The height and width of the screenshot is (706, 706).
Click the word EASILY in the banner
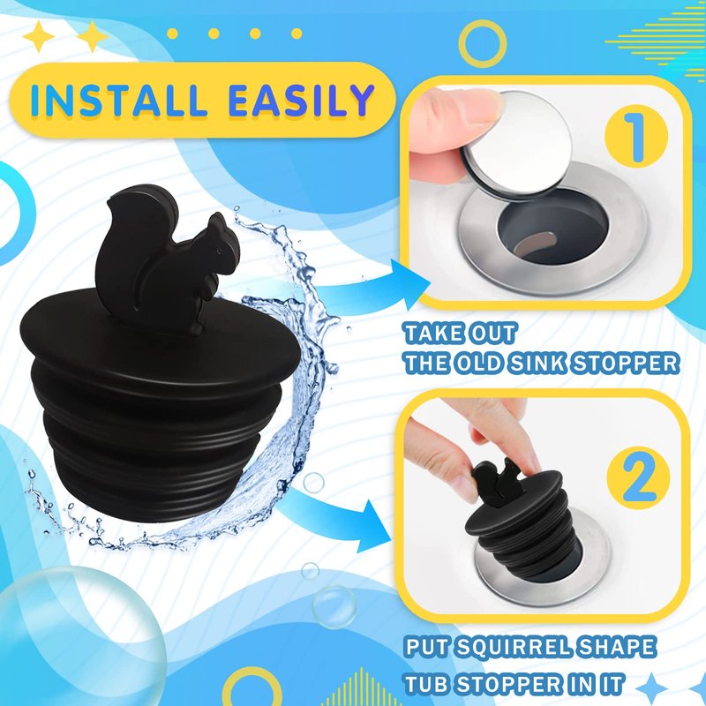tap(301, 100)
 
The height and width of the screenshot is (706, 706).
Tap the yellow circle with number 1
tap(635, 137)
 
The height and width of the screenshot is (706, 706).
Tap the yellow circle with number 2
tap(638, 477)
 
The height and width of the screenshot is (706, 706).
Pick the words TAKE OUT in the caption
tap(459, 334)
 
